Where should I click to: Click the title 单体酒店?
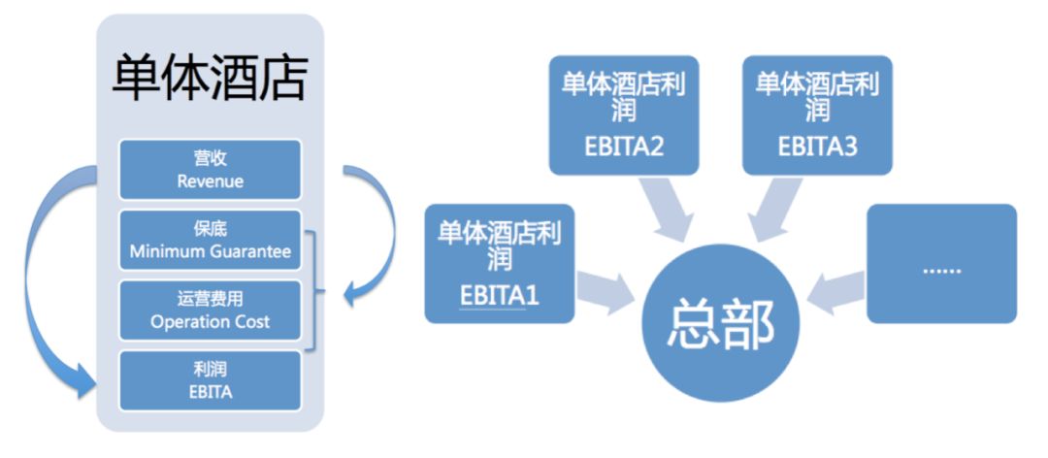(x=210, y=79)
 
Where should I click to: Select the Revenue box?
(x=210, y=170)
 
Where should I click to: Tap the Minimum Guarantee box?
(x=210, y=241)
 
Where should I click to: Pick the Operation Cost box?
(x=210, y=311)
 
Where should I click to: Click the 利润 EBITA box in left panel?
(x=210, y=381)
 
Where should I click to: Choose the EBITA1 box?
(x=500, y=263)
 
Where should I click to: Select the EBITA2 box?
(x=624, y=115)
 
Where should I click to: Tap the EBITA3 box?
(x=817, y=115)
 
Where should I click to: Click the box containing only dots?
(x=941, y=263)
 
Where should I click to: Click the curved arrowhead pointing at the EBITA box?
(x=85, y=381)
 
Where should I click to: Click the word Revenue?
(x=210, y=181)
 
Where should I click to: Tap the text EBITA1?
(x=500, y=295)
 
